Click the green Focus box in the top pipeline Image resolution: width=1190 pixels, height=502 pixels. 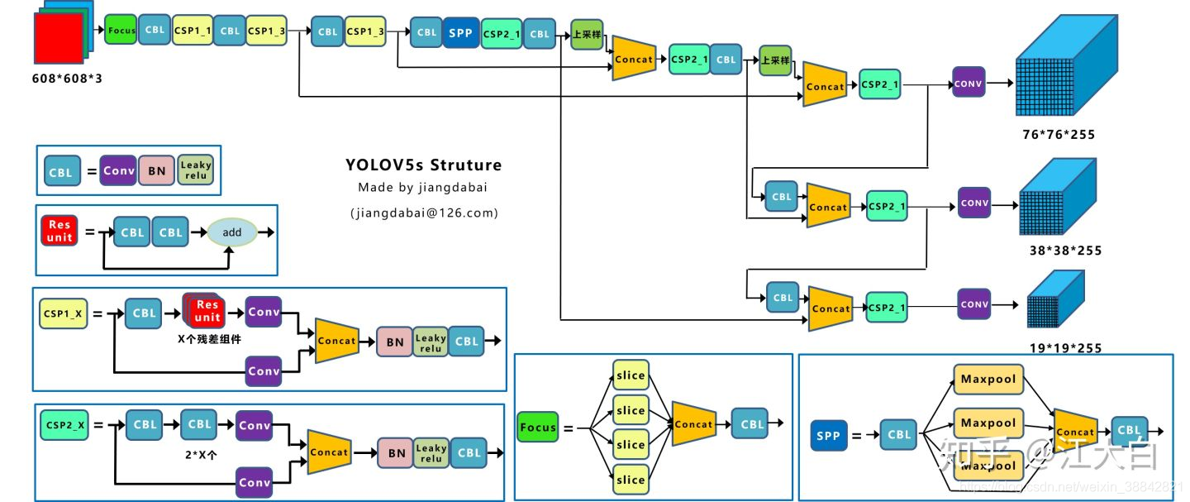click(x=121, y=30)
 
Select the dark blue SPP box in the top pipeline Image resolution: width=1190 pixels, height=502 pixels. click(x=460, y=32)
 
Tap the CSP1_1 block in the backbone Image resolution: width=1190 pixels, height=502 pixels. click(x=192, y=31)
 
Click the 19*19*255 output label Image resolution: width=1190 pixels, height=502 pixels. click(x=1065, y=348)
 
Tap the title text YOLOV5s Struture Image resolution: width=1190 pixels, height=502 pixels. click(x=423, y=165)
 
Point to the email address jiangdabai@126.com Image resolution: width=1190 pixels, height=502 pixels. click(x=424, y=213)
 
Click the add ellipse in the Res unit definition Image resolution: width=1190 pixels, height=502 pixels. click(x=232, y=232)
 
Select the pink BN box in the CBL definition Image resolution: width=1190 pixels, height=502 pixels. click(x=157, y=171)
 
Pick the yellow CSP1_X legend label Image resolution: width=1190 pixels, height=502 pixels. click(x=63, y=313)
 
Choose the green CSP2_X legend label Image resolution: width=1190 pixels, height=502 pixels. click(x=64, y=425)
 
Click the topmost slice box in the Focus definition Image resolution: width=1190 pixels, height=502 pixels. click(x=631, y=375)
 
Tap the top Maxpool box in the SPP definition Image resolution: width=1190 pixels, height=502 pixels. click(x=988, y=380)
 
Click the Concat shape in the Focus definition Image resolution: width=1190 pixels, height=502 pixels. click(x=693, y=423)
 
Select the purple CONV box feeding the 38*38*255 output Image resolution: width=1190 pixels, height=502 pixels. click(x=974, y=203)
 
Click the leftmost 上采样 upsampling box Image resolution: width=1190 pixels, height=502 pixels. click(x=587, y=35)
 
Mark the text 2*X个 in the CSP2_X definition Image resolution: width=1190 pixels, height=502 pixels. click(x=198, y=454)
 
